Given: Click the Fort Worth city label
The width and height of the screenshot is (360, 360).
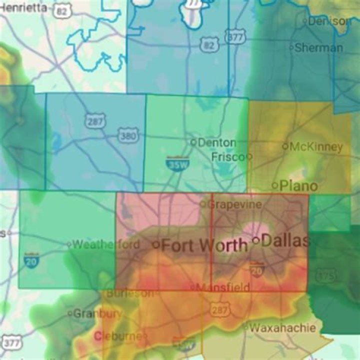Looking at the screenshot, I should coord(205,245).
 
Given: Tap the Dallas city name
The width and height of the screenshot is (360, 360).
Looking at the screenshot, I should coord(285,240).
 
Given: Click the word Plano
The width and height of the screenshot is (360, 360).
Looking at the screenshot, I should coord(298,185).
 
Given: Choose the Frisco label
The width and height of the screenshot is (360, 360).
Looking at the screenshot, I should coord(228,156).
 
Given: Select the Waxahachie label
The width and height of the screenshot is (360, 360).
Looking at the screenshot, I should coord(283,328).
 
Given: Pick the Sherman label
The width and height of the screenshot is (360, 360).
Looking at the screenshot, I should coord(319,48).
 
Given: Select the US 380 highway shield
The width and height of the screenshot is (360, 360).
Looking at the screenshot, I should coord(125,135).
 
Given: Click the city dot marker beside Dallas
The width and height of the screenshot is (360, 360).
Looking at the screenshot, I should coord(256,240).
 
